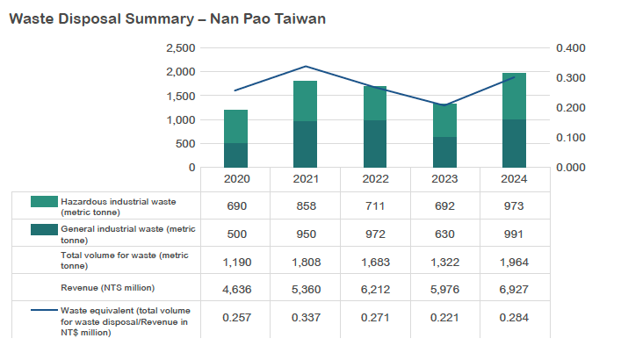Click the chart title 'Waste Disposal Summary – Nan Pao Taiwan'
(x=167, y=18)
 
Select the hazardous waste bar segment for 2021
(x=305, y=101)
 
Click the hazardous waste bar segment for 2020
(x=235, y=126)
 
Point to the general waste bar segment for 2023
(x=445, y=152)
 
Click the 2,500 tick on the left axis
(x=179, y=48)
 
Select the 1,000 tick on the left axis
(x=179, y=119)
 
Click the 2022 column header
(x=375, y=180)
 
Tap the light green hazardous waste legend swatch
(x=42, y=202)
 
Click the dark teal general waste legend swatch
(x=42, y=230)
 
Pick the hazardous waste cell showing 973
(x=515, y=205)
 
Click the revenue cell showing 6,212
(x=375, y=288)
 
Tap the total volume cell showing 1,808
(x=305, y=261)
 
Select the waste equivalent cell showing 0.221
(x=445, y=316)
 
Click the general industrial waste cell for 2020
(x=235, y=234)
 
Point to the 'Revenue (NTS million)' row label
(x=109, y=287)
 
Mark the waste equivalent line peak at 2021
(x=305, y=66)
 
